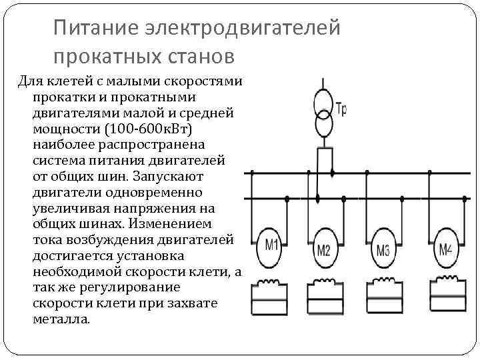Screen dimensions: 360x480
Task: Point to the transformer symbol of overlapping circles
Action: (x=323, y=113)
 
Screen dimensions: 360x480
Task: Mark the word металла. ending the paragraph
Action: (x=60, y=319)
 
